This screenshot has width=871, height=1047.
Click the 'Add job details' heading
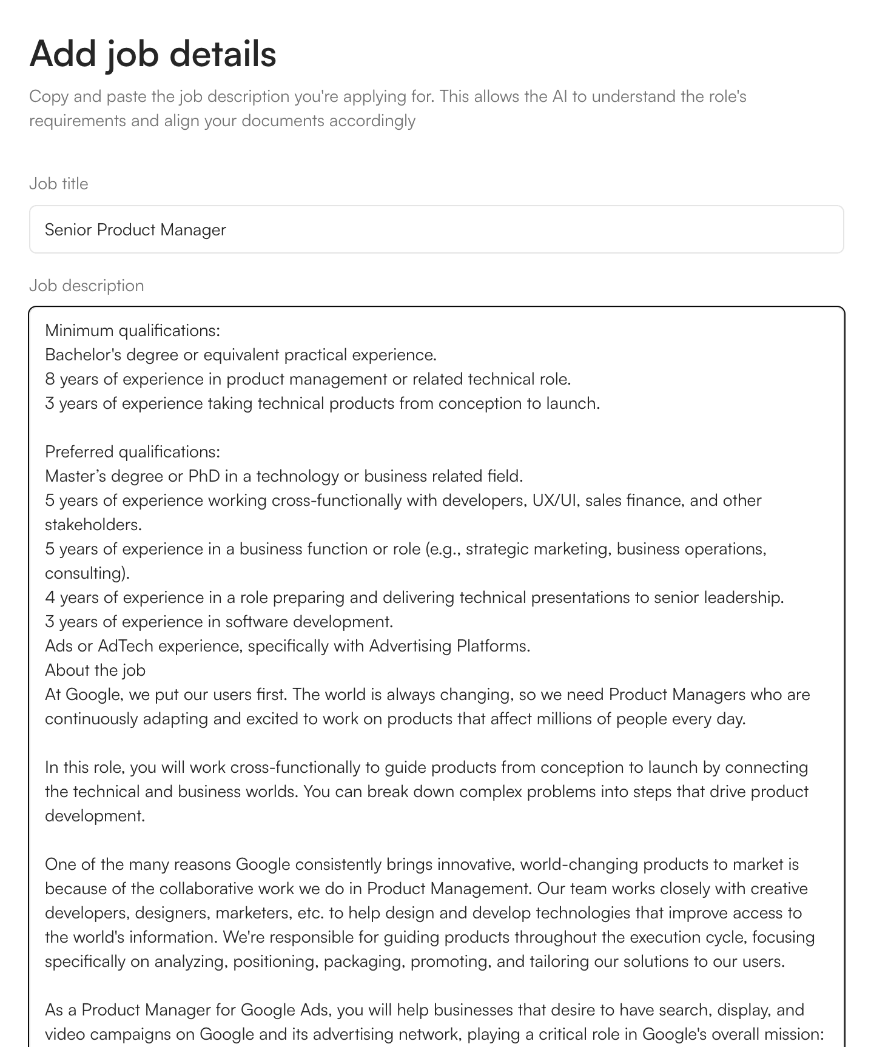(x=153, y=53)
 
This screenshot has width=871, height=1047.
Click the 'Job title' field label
(x=59, y=184)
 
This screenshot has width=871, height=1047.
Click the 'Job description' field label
(x=86, y=286)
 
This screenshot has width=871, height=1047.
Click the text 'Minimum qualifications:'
(x=132, y=331)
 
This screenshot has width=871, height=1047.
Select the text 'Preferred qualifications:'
(x=132, y=452)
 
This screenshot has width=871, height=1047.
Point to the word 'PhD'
(x=204, y=476)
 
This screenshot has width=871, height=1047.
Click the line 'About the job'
(x=95, y=670)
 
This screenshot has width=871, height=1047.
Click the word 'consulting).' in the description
(x=87, y=573)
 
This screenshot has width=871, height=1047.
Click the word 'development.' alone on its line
(x=95, y=816)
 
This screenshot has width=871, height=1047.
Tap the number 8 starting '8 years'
(x=50, y=379)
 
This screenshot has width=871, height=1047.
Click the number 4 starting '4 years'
(x=50, y=598)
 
